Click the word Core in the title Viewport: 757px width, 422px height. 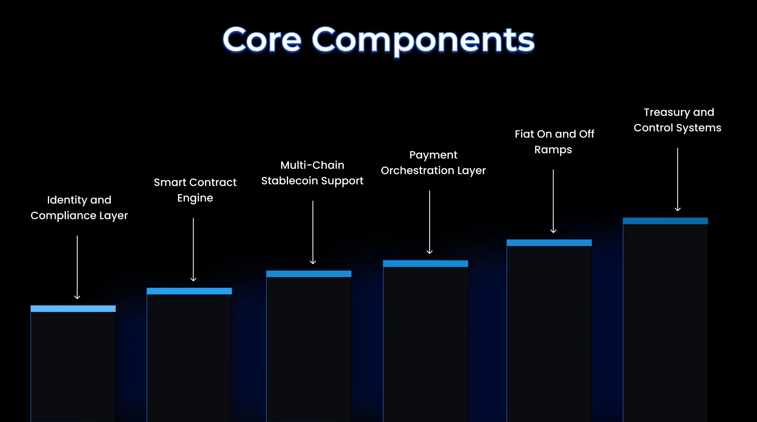262,40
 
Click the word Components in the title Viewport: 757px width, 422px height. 423,41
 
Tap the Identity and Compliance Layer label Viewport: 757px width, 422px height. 79,208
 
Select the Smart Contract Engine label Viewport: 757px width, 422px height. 195,190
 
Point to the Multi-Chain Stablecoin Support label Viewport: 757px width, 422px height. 312,173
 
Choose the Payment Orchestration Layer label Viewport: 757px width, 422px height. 433,162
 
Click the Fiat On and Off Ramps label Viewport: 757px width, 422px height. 554,142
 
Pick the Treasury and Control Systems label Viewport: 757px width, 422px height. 678,120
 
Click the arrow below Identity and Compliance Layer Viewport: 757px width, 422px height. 77,267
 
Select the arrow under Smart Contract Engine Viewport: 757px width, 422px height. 194,250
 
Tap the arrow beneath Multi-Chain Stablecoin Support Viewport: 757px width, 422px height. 313,232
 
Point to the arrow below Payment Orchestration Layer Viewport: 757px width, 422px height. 430,222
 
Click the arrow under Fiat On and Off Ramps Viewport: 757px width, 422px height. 553,201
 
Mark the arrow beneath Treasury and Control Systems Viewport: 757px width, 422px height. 678,180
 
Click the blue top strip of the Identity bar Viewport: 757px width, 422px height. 73,309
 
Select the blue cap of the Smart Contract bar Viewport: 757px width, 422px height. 189,291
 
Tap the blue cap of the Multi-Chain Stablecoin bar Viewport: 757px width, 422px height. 309,274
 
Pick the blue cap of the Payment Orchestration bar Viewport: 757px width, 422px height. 426,264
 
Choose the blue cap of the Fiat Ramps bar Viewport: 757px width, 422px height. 549,243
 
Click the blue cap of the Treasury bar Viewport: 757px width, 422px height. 665,221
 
